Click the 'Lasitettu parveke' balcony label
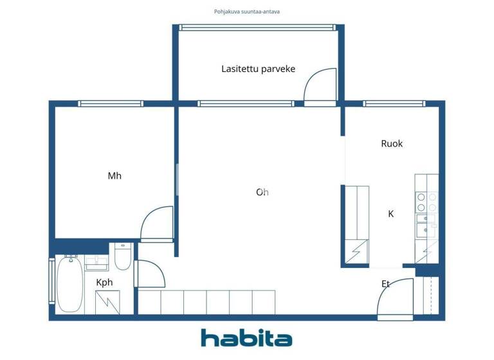tap(258, 69)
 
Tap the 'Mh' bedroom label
tap(114, 175)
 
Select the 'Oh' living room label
tap(262, 192)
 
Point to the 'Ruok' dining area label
tap(392, 143)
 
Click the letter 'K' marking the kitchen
tap(390, 213)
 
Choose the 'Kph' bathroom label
tap(105, 282)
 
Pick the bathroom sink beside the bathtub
tap(97, 261)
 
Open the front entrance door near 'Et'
tap(394, 299)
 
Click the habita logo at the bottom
tap(246, 338)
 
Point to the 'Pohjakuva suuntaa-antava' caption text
tap(246, 12)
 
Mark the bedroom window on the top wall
tap(111, 103)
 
